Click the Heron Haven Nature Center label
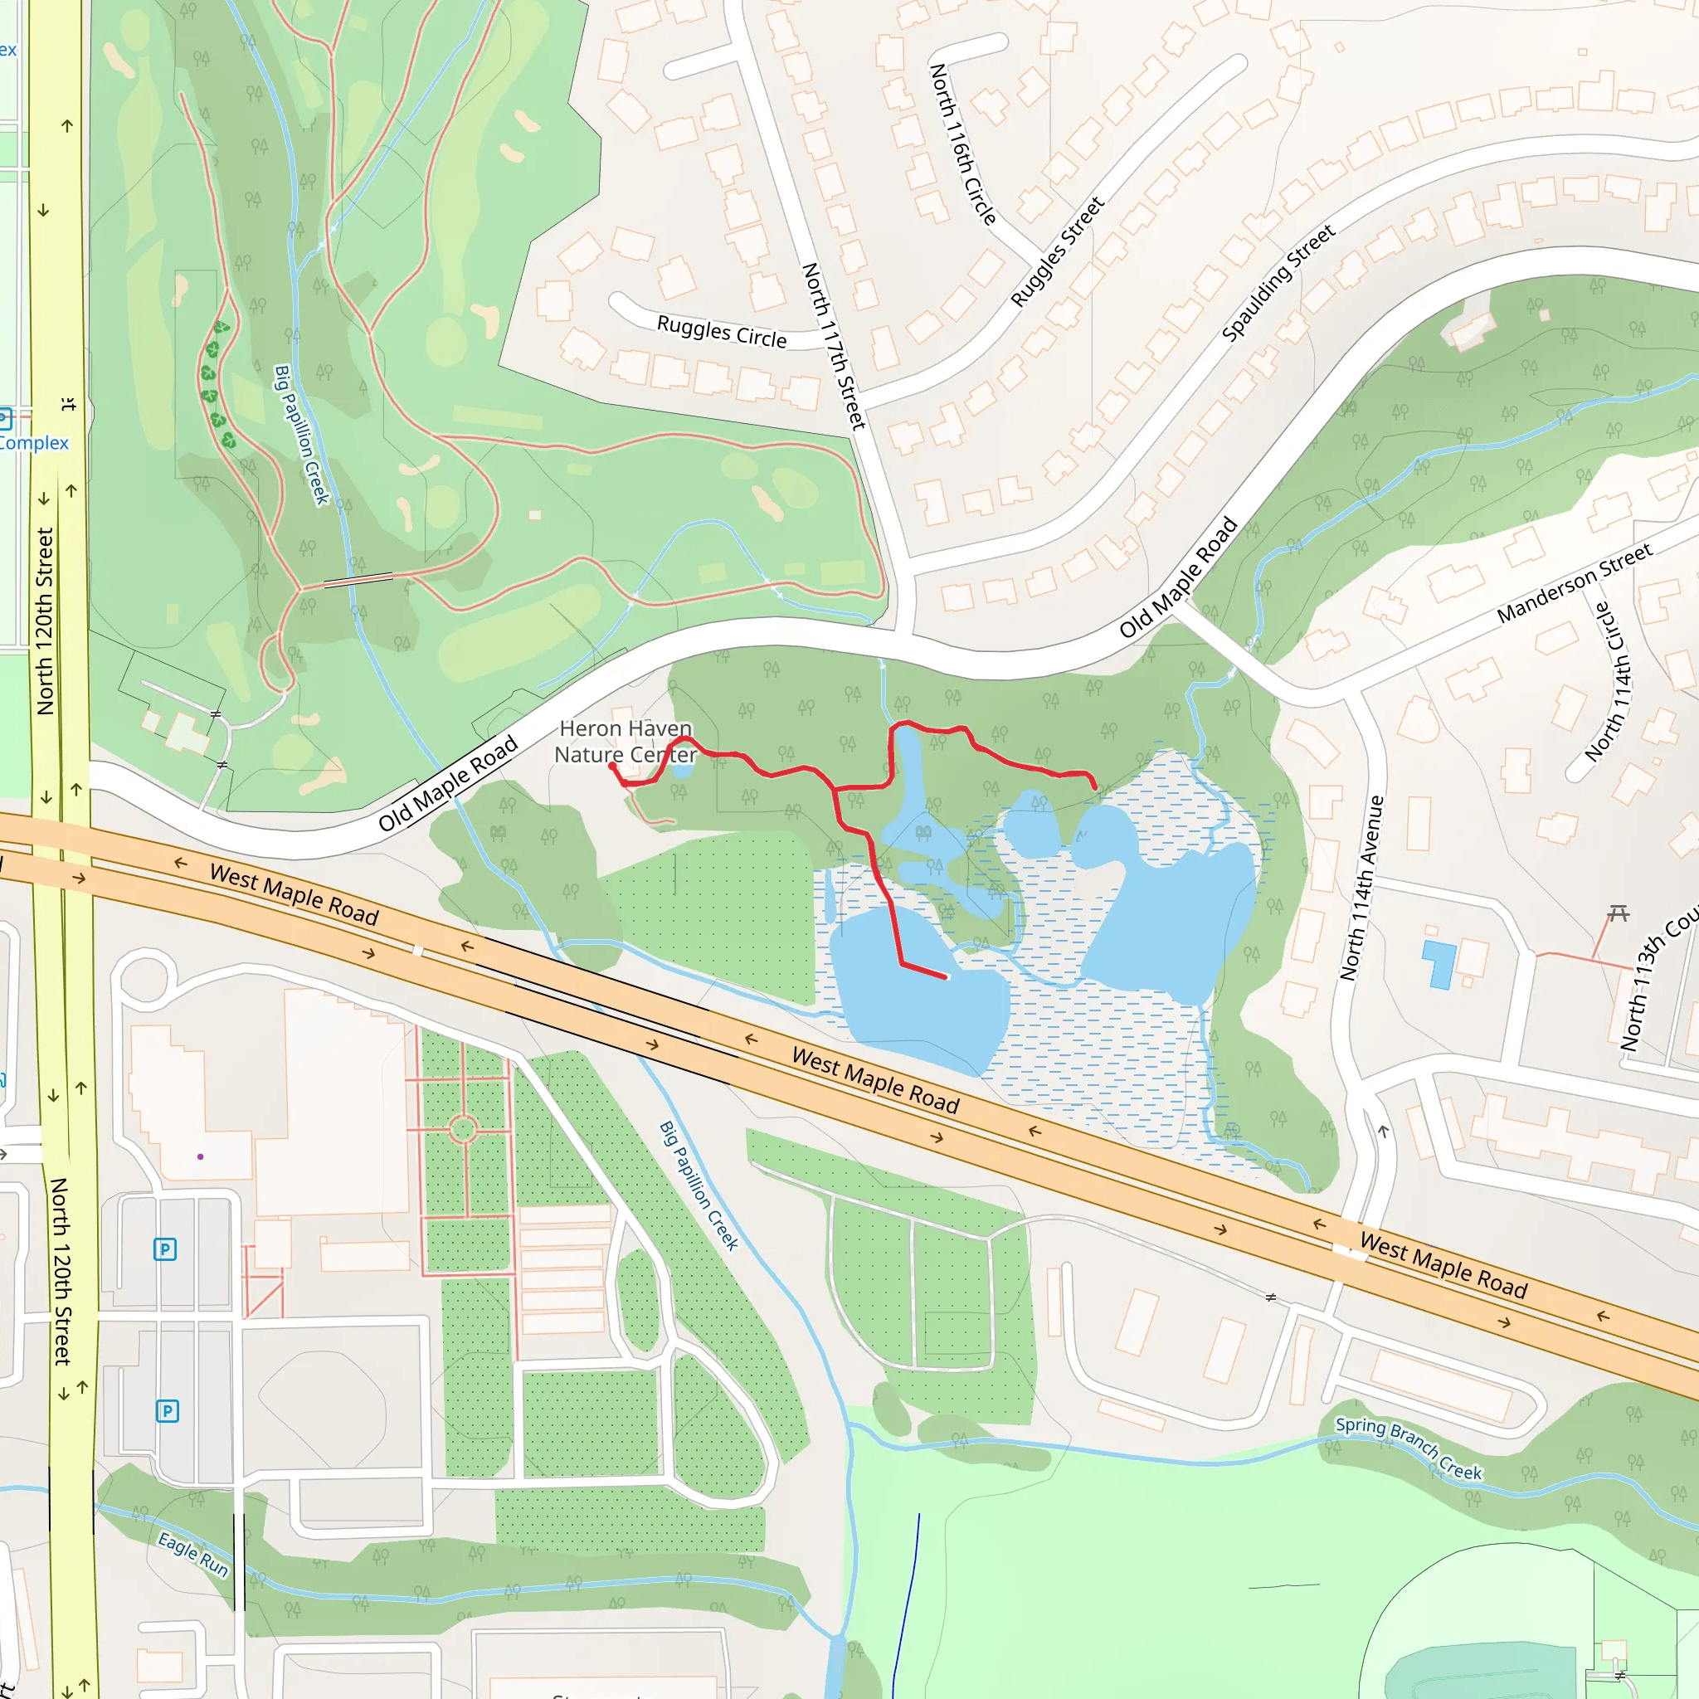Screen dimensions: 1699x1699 [x=626, y=742]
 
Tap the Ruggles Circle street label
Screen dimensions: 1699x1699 [x=721, y=332]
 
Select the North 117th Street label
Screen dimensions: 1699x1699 [x=833, y=346]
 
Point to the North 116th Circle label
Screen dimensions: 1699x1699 [x=963, y=144]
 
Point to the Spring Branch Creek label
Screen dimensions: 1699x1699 [x=1408, y=1448]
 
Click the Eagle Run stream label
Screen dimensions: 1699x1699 [x=192, y=1554]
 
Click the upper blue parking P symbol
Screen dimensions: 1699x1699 [x=164, y=1249]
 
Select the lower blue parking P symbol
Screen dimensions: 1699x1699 [x=167, y=1411]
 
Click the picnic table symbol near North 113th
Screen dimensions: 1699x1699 [x=1618, y=914]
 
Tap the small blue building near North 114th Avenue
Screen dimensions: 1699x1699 [x=1439, y=963]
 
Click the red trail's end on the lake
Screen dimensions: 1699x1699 [x=946, y=977]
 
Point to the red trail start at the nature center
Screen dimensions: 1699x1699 [x=612, y=766]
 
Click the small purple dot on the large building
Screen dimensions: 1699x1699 [x=201, y=1156]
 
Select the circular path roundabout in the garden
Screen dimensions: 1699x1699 [x=464, y=1129]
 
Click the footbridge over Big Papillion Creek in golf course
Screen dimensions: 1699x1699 [x=358, y=580]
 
